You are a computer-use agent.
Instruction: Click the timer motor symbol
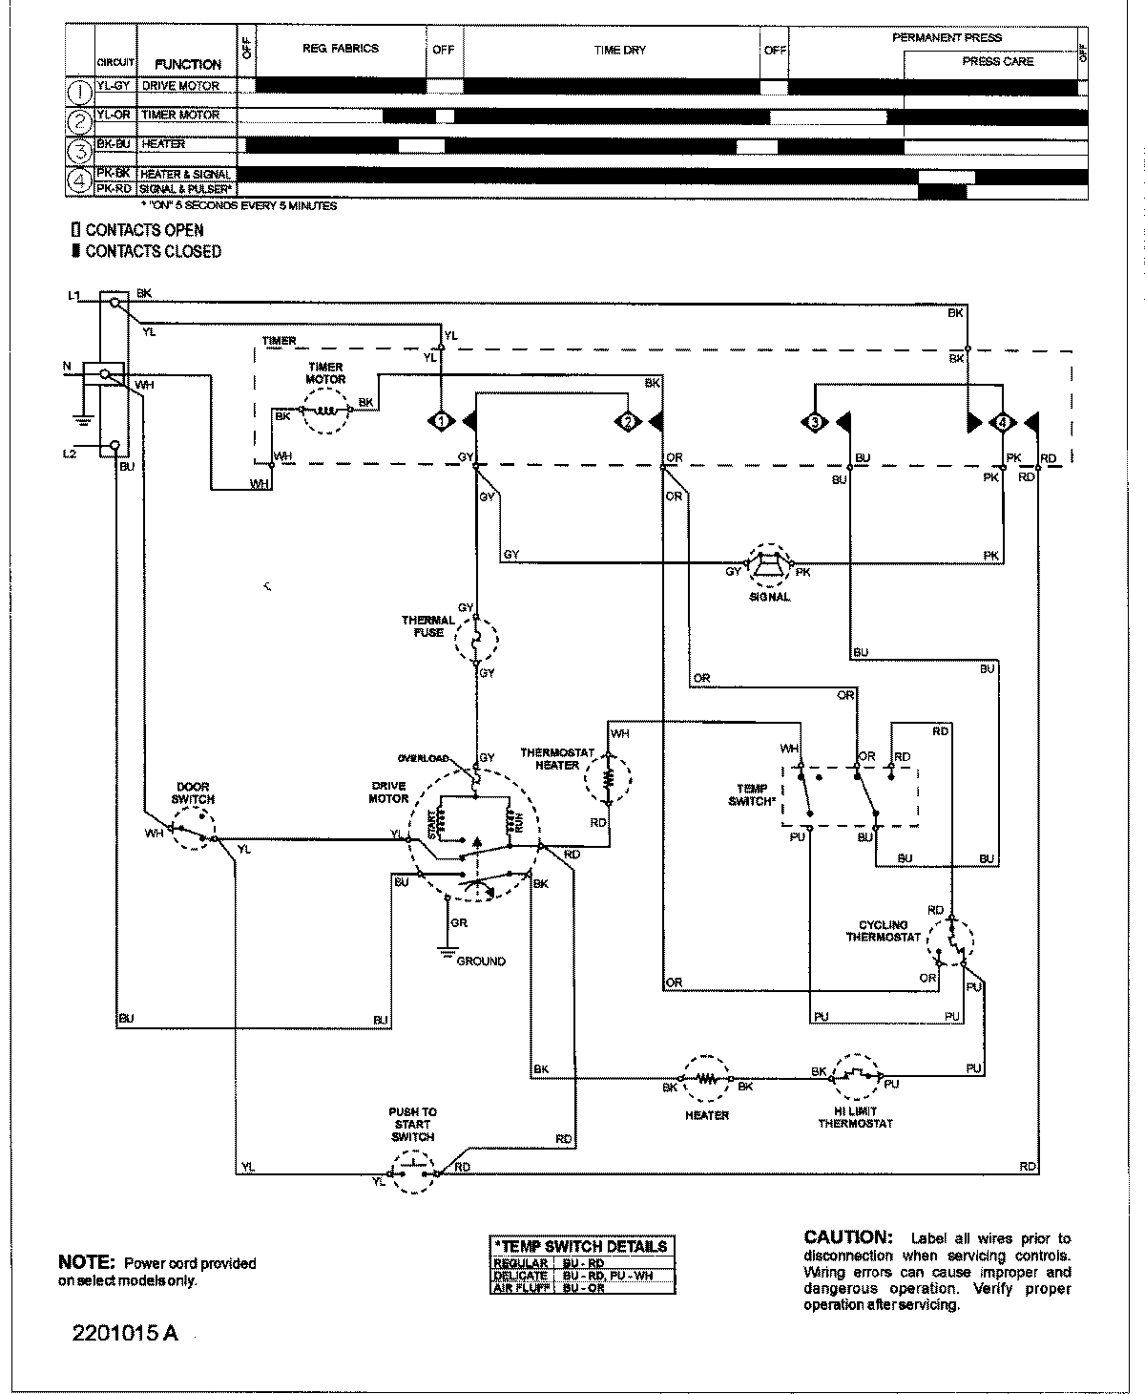325,410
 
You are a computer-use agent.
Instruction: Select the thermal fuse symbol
476,639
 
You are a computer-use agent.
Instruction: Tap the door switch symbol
193,828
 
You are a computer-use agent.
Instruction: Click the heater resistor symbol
706,1079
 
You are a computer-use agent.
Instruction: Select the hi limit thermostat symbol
856,1079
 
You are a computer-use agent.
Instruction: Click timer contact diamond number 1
441,420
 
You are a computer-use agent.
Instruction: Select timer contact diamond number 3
816,421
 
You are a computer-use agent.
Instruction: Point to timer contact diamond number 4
1001,421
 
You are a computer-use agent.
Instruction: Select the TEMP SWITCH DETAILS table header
581,1246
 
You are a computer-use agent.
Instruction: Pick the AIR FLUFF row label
520,1288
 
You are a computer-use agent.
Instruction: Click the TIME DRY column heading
620,50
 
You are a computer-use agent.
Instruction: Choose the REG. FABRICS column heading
341,48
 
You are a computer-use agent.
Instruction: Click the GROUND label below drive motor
481,961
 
